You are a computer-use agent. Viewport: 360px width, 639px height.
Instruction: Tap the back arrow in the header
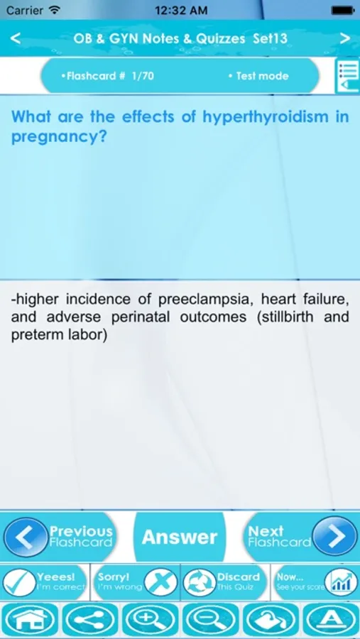15,38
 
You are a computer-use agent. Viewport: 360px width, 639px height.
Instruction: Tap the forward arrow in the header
345,38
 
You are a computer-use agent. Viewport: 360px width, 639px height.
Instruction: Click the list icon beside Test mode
347,76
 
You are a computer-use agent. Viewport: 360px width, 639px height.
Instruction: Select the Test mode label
258,76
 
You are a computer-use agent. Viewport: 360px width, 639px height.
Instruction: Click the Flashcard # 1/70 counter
107,76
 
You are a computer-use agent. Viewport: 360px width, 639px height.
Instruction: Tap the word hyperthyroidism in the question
266,118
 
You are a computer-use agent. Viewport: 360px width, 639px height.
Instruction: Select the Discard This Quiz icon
200,583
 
